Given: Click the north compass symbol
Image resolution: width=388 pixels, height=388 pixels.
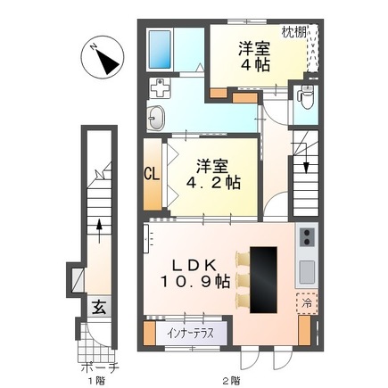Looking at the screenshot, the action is tap(103, 57).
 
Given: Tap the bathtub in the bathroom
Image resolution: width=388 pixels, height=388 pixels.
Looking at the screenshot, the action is tap(160, 49).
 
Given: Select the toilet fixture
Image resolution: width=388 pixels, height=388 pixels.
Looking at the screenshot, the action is tap(306, 97).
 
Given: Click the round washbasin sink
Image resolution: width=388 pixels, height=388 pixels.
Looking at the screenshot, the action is tap(155, 118).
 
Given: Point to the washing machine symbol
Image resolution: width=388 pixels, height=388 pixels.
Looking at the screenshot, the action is tap(160, 87).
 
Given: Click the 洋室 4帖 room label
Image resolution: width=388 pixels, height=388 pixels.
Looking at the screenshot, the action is tap(254, 57).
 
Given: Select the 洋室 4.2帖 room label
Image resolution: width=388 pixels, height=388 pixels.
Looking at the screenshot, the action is tap(213, 175).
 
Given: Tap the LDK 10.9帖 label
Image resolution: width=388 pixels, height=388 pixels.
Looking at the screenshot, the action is tap(195, 273).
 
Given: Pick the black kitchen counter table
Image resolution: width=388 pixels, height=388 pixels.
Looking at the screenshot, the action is tap(263, 279).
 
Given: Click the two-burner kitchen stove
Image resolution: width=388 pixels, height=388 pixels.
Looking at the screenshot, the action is tap(307, 237).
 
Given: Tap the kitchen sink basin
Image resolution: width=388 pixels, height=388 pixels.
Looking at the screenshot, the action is tap(307, 271).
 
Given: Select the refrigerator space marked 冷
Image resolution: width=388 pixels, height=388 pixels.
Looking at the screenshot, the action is tap(307, 303).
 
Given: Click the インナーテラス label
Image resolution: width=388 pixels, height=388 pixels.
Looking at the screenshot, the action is tap(190, 334).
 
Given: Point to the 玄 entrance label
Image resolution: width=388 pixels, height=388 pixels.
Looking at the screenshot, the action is tap(99, 307).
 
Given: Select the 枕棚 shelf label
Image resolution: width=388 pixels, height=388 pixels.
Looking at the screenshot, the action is tap(293, 32).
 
